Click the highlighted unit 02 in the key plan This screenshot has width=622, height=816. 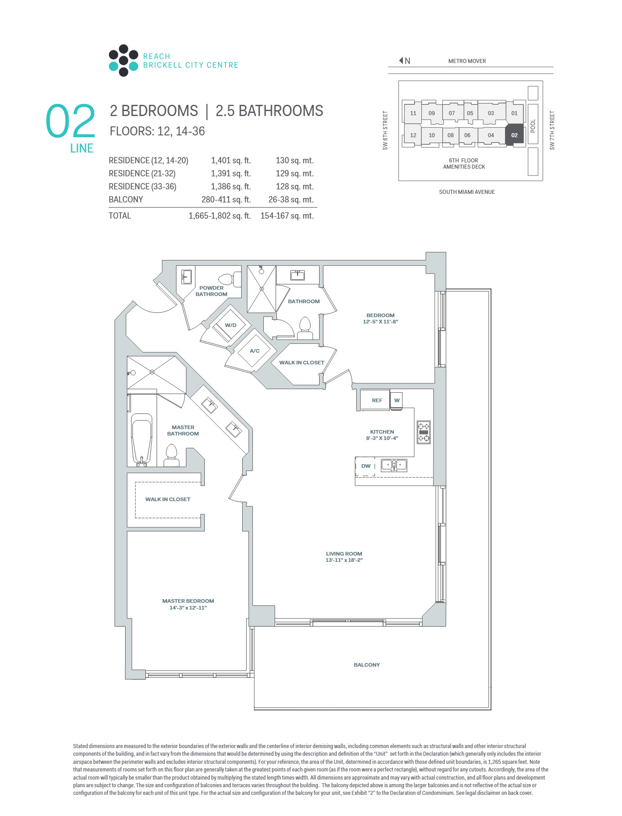click(x=514, y=135)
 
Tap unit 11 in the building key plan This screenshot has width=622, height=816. click(x=413, y=113)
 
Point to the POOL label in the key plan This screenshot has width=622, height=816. click(x=533, y=126)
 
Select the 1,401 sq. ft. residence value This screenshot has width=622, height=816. click(x=231, y=161)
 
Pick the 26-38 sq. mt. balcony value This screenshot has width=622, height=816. click(x=291, y=199)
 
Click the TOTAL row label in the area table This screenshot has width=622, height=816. click(x=120, y=215)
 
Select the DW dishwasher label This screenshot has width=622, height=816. click(x=366, y=466)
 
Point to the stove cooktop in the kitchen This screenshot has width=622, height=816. click(x=424, y=432)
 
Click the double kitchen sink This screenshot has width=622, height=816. click(x=394, y=465)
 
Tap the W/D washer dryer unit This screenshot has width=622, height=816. click(x=230, y=325)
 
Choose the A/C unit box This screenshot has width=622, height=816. click(x=255, y=351)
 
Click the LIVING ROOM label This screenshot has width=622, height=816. click(x=344, y=554)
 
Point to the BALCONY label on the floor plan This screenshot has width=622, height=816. click(x=367, y=664)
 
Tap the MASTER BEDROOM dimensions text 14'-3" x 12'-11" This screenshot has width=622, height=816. click(x=188, y=608)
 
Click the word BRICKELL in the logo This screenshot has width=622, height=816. click(x=162, y=65)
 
